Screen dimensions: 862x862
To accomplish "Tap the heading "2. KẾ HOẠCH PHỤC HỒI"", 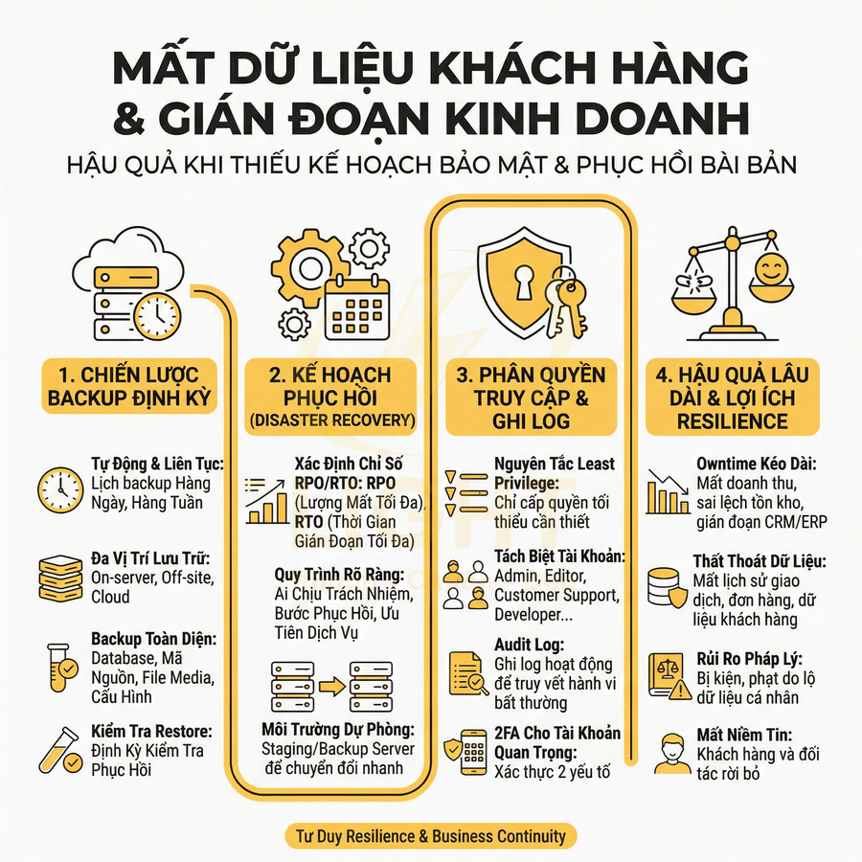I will coord(330,386).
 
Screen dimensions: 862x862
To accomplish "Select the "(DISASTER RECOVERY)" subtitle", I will coord(330,420).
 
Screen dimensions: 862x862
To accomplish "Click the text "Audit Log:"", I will coord(529,645).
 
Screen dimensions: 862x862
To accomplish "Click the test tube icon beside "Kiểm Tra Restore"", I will coord(59,749).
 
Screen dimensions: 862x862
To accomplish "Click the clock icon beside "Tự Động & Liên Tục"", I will coord(59,488).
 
